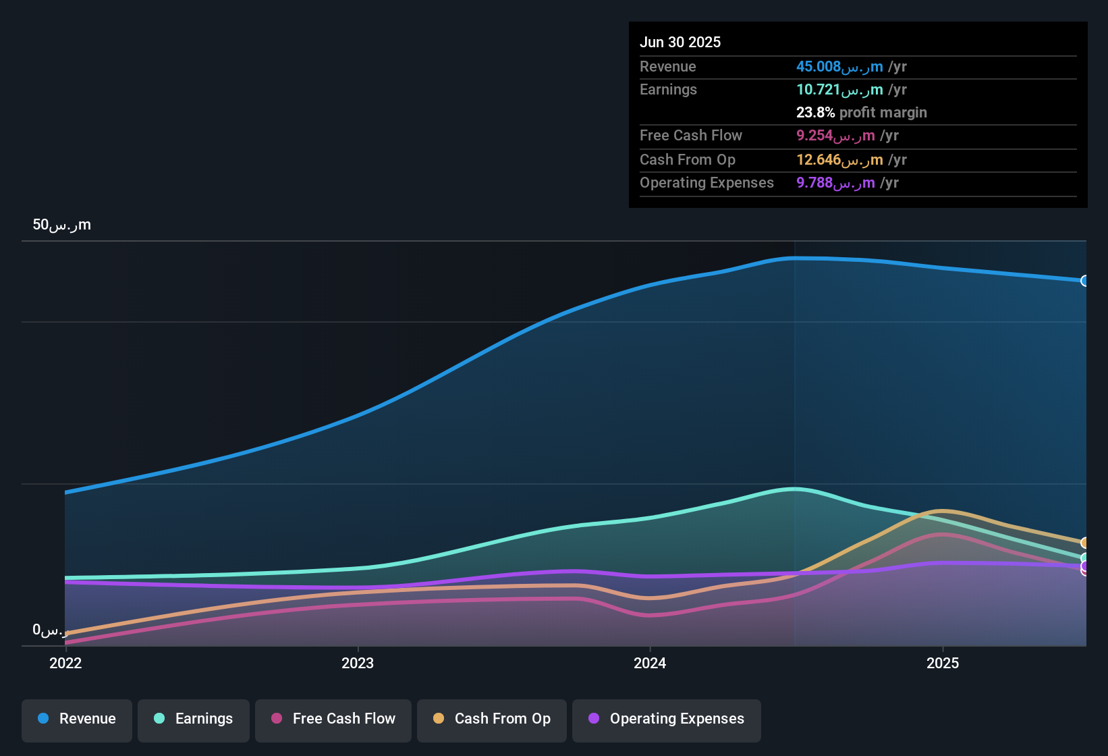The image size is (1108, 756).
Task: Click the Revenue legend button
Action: tap(77, 719)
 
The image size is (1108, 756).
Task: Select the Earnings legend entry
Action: tap(194, 719)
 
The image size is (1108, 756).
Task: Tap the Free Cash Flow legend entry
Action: tap(333, 719)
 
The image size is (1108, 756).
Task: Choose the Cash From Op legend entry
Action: tap(492, 719)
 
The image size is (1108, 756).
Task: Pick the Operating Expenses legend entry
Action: tap(667, 719)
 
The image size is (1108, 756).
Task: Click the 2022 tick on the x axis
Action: tap(65, 663)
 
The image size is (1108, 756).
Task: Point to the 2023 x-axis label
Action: tap(358, 663)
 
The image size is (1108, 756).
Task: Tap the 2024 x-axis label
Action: tap(650, 663)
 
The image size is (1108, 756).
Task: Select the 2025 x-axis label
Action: tap(943, 663)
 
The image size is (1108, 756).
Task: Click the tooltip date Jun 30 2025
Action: tap(680, 42)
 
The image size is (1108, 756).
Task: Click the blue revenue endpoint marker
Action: tap(1085, 281)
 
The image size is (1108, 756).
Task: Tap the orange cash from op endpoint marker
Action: tap(1085, 543)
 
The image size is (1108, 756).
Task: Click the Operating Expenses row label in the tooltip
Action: tap(707, 183)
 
